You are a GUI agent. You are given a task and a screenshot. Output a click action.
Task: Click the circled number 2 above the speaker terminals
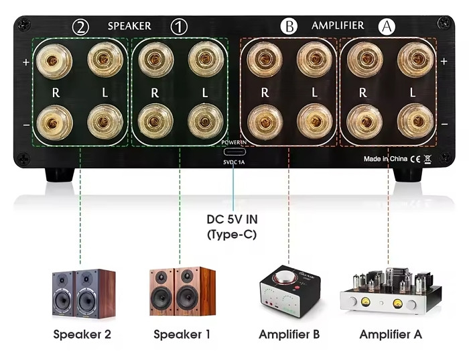click(81, 27)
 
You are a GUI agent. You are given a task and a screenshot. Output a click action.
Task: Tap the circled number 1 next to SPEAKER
click(179, 27)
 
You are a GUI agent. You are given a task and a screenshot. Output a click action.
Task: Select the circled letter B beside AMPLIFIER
click(289, 27)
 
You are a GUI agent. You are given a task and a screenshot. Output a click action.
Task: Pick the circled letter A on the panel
click(387, 27)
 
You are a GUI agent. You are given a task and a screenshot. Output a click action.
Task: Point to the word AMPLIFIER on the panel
click(338, 26)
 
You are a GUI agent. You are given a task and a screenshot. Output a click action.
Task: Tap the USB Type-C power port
click(234, 152)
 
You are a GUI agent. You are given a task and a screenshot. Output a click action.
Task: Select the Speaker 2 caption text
click(82, 334)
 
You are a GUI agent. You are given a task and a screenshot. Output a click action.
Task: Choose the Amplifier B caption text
click(289, 334)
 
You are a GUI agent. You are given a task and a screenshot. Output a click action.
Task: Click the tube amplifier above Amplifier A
click(390, 292)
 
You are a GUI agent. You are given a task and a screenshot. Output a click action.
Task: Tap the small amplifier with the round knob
click(289, 291)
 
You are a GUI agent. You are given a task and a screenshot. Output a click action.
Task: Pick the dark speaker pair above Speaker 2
click(83, 293)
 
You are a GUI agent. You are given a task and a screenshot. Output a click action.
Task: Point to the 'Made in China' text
click(385, 159)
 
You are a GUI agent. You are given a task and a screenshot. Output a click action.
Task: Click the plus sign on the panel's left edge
click(26, 62)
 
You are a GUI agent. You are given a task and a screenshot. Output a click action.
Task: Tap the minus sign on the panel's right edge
click(444, 124)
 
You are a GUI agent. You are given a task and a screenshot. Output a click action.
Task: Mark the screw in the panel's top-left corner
click(25, 25)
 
